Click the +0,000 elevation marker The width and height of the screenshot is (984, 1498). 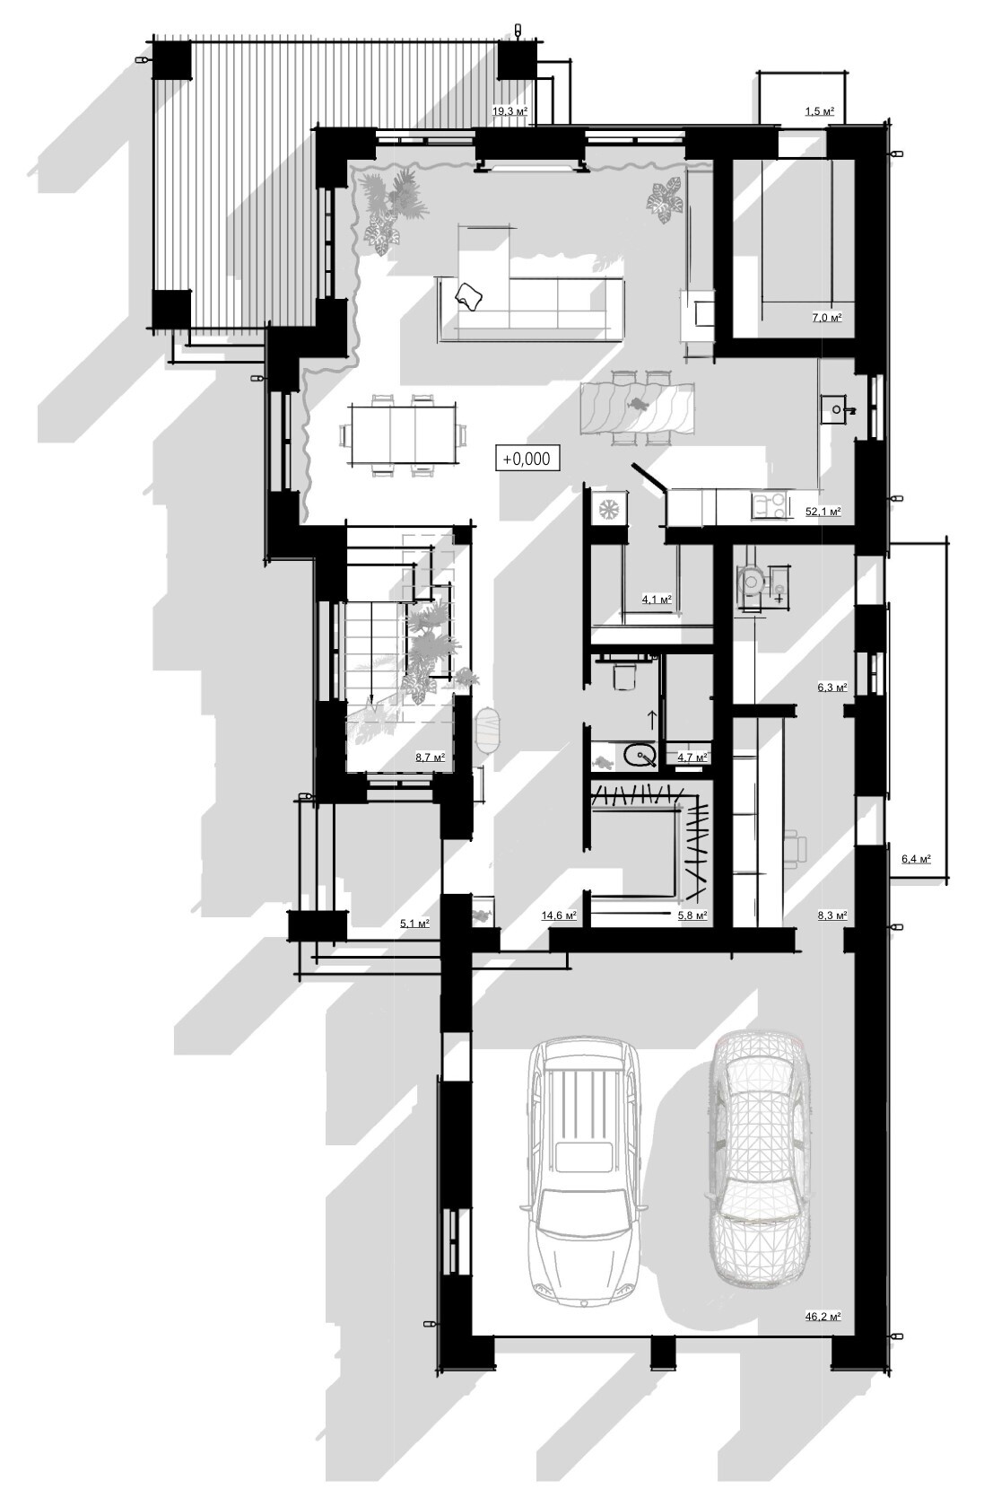click(x=527, y=459)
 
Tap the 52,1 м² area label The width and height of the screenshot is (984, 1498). click(x=823, y=512)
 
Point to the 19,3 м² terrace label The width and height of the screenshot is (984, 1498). click(x=510, y=111)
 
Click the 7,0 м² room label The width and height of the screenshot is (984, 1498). click(x=826, y=318)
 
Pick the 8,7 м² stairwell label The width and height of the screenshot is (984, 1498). click(x=430, y=758)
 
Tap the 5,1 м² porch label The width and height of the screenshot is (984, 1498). click(x=414, y=924)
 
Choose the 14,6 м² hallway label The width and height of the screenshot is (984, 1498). click(x=560, y=915)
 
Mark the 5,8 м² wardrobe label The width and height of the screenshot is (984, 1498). click(x=692, y=915)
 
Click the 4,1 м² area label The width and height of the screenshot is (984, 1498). click(x=657, y=600)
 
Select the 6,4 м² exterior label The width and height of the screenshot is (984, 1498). click(x=916, y=859)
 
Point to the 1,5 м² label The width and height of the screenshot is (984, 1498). click(x=820, y=111)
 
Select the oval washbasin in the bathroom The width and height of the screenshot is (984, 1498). click(x=640, y=757)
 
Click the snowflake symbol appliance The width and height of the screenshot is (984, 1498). click(x=609, y=509)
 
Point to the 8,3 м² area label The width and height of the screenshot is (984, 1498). click(x=832, y=915)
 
